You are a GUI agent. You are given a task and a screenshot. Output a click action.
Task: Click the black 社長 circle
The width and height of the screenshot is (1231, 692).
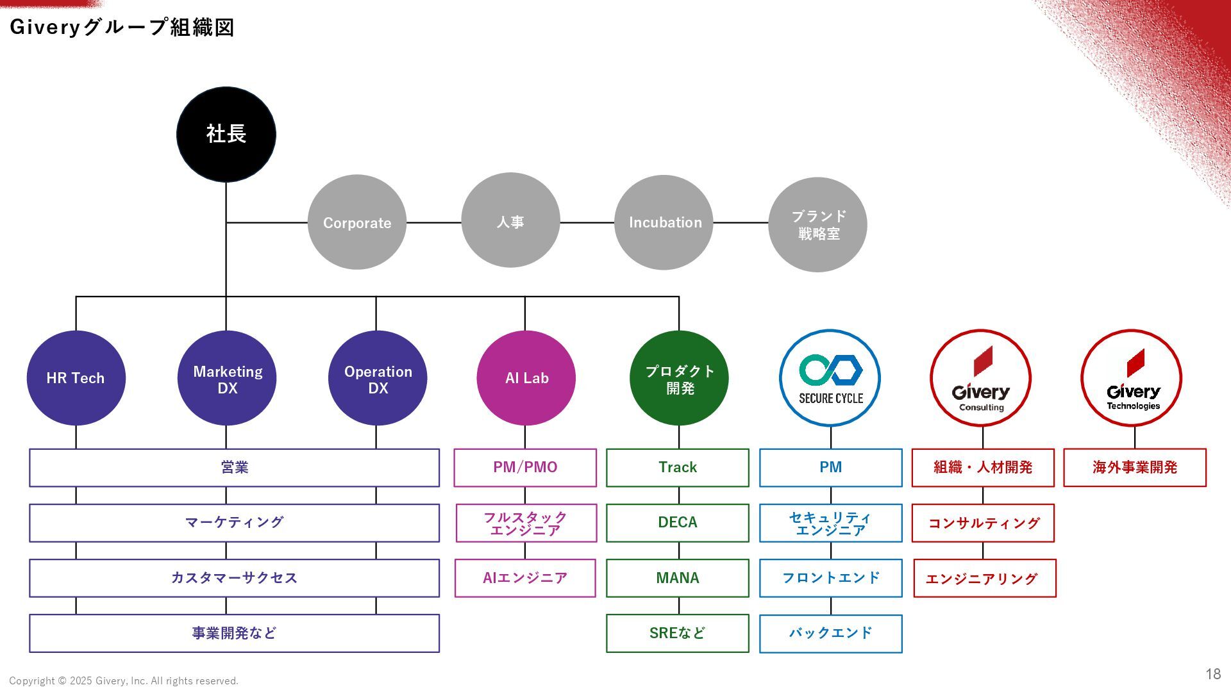pyautogui.click(x=226, y=135)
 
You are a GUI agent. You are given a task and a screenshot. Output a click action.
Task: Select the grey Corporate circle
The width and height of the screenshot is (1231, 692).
pyautogui.click(x=357, y=222)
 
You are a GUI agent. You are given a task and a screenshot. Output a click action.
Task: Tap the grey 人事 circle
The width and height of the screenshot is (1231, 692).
pyautogui.click(x=510, y=222)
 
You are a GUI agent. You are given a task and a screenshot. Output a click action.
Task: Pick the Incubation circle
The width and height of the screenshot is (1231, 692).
pyautogui.click(x=664, y=222)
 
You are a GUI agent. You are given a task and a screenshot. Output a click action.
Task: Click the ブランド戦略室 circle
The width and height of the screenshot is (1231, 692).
pyautogui.click(x=817, y=224)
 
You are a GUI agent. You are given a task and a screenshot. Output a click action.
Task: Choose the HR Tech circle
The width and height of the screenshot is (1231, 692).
pyautogui.click(x=76, y=378)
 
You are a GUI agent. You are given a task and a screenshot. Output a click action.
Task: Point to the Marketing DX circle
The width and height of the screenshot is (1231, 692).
pyautogui.click(x=227, y=378)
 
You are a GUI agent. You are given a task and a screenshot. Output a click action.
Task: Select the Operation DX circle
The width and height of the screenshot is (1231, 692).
pyautogui.click(x=378, y=378)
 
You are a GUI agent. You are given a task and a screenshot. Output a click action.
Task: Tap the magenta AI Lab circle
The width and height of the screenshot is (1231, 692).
pyautogui.click(x=526, y=378)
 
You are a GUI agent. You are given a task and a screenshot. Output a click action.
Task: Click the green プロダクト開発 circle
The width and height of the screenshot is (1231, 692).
pyautogui.click(x=679, y=378)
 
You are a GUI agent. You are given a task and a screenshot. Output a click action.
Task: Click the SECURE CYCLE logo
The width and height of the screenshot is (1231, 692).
pyautogui.click(x=830, y=378)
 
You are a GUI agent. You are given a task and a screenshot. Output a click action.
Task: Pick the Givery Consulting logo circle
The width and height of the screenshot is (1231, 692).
pyautogui.click(x=981, y=378)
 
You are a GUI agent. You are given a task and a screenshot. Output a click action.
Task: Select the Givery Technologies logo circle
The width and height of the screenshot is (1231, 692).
pyautogui.click(x=1132, y=378)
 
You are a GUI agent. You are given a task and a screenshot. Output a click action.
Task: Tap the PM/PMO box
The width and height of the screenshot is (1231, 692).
pyautogui.click(x=525, y=467)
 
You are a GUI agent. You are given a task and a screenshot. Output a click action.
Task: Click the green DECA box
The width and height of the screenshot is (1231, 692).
pyautogui.click(x=678, y=522)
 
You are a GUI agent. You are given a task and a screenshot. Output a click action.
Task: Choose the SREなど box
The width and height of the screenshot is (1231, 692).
pyautogui.click(x=678, y=633)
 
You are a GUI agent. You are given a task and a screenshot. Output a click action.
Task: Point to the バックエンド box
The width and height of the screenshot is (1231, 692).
pyautogui.click(x=831, y=633)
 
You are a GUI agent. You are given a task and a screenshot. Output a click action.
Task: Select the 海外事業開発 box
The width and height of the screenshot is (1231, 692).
pyautogui.click(x=1135, y=467)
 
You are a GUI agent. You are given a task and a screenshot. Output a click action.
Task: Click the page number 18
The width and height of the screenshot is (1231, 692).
pyautogui.click(x=1213, y=673)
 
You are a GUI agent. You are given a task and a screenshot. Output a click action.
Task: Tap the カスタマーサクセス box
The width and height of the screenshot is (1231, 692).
pyautogui.click(x=234, y=578)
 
